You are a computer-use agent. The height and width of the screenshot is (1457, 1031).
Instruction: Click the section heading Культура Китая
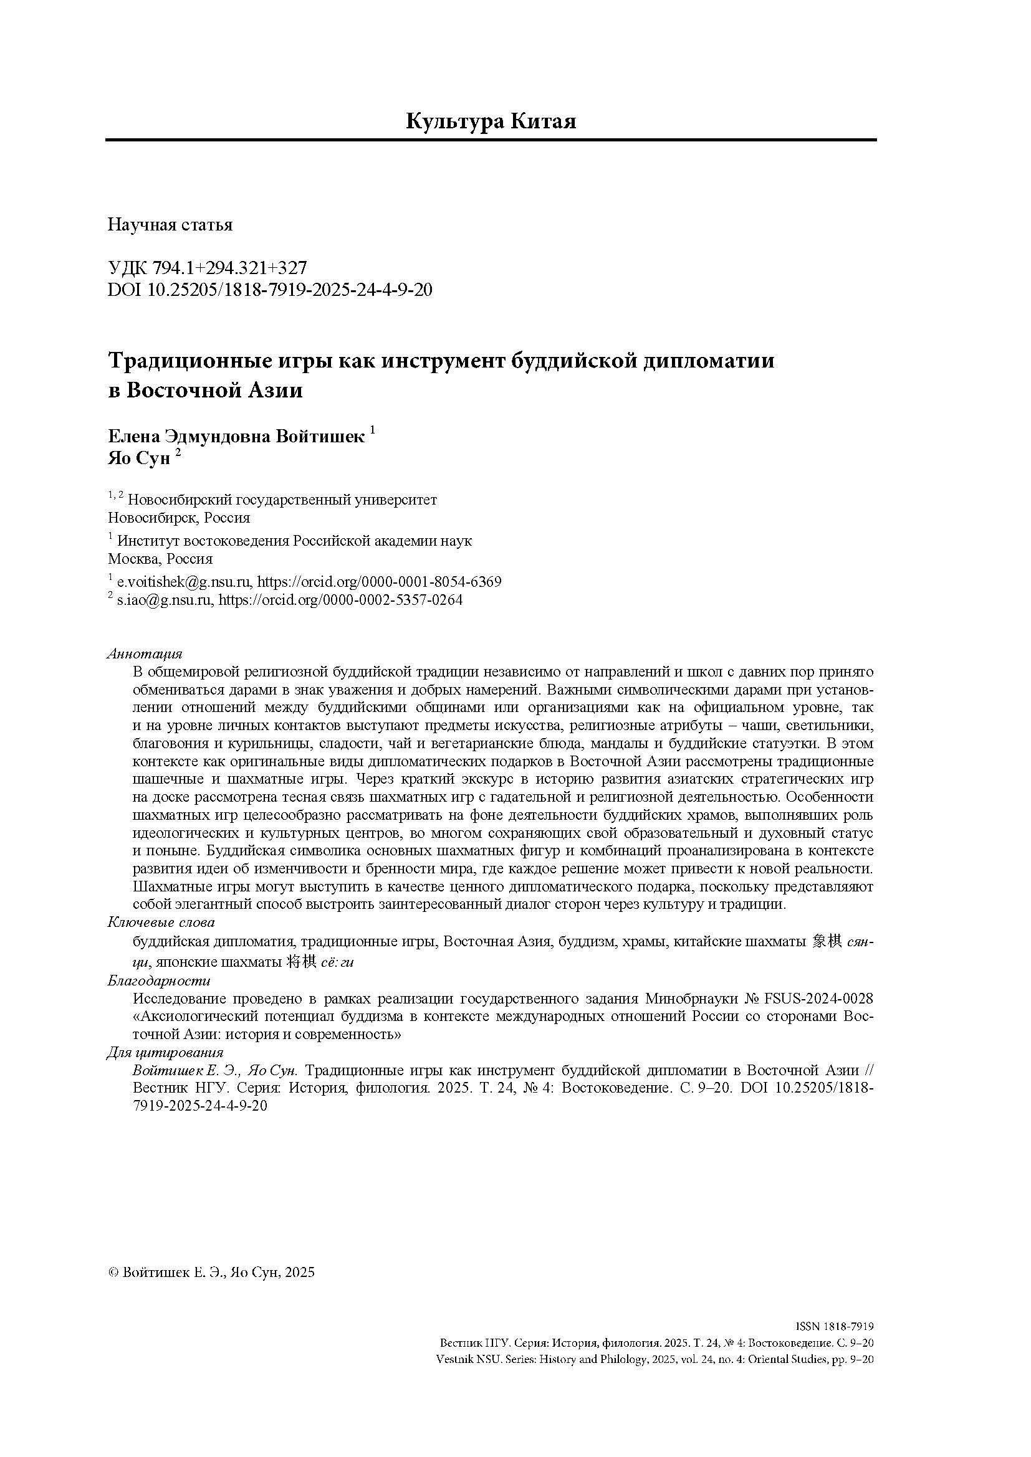[x=491, y=120]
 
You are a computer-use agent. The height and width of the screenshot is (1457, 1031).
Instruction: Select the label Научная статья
[x=170, y=225]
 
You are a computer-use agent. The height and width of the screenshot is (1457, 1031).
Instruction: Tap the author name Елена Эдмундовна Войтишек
[x=236, y=437]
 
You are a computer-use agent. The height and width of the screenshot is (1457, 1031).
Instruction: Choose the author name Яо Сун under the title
[x=139, y=459]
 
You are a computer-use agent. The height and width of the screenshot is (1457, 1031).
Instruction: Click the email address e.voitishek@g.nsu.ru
[x=185, y=582]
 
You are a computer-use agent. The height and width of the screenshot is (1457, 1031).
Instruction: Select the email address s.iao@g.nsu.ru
[x=165, y=600]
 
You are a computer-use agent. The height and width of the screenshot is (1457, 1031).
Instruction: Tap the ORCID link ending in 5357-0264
[x=341, y=600]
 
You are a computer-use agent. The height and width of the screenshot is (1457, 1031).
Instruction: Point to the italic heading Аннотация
[x=145, y=653]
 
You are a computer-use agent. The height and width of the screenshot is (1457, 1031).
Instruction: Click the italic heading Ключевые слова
[x=161, y=922]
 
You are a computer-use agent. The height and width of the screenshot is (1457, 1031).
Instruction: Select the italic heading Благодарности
[x=159, y=980]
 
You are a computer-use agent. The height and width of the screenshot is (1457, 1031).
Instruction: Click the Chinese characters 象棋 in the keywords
[x=827, y=942]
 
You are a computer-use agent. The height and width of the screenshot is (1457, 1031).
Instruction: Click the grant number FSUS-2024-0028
[x=818, y=999]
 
